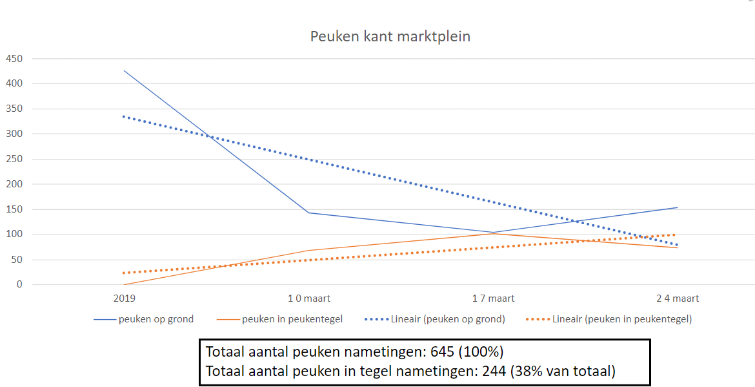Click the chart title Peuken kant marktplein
coord(390,36)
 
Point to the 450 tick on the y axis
coord(14,59)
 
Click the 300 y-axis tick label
coord(14,134)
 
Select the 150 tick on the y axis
coord(14,209)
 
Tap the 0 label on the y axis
coord(19,284)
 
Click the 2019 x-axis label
coord(124,298)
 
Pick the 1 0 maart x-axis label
coord(309,298)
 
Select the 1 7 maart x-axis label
coord(493,298)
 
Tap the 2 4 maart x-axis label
coord(678,298)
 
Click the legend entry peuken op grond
coord(156,319)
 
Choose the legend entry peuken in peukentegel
coord(292,319)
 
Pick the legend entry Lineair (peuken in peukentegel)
coord(622,319)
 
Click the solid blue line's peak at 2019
coord(124,70)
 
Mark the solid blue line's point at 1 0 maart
coord(309,213)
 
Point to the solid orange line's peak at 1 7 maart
coord(493,233)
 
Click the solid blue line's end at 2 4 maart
coord(678,207)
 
